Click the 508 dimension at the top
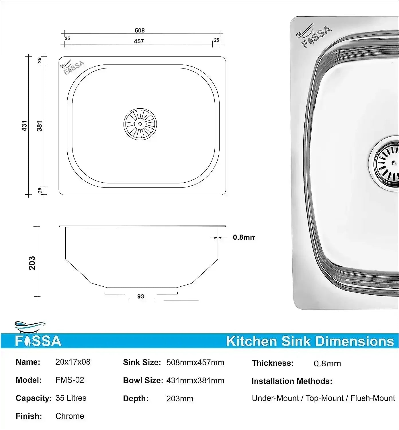click(x=140, y=30)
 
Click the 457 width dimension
click(x=139, y=41)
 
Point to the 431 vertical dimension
click(x=24, y=126)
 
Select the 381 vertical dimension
click(x=40, y=126)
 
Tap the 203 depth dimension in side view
click(x=32, y=263)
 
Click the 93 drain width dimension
click(x=140, y=296)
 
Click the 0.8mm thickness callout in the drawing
click(x=243, y=237)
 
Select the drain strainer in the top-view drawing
click(x=140, y=124)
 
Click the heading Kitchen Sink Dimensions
click(x=310, y=341)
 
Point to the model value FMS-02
click(x=70, y=380)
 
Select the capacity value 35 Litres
click(x=71, y=398)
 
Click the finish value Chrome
click(x=70, y=416)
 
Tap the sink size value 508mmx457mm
click(x=195, y=363)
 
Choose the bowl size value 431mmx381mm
click(x=195, y=381)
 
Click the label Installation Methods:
click(x=292, y=381)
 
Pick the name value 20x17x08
click(x=73, y=362)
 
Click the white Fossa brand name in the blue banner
click(x=38, y=341)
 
